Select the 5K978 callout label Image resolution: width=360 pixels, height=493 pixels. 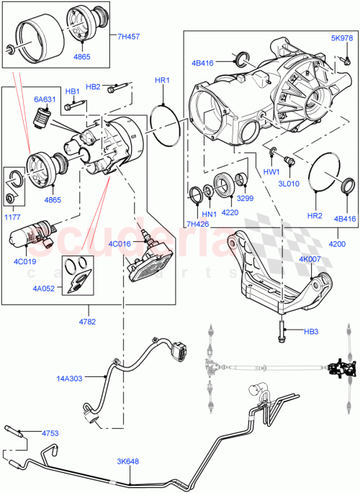click(x=341, y=37)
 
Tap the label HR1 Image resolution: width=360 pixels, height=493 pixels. click(x=162, y=81)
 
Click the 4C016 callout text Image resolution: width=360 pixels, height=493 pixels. click(x=122, y=245)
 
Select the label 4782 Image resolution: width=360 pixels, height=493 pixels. click(x=87, y=322)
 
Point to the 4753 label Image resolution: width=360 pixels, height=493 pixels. click(x=51, y=433)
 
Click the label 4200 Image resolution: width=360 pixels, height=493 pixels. click(x=337, y=244)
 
